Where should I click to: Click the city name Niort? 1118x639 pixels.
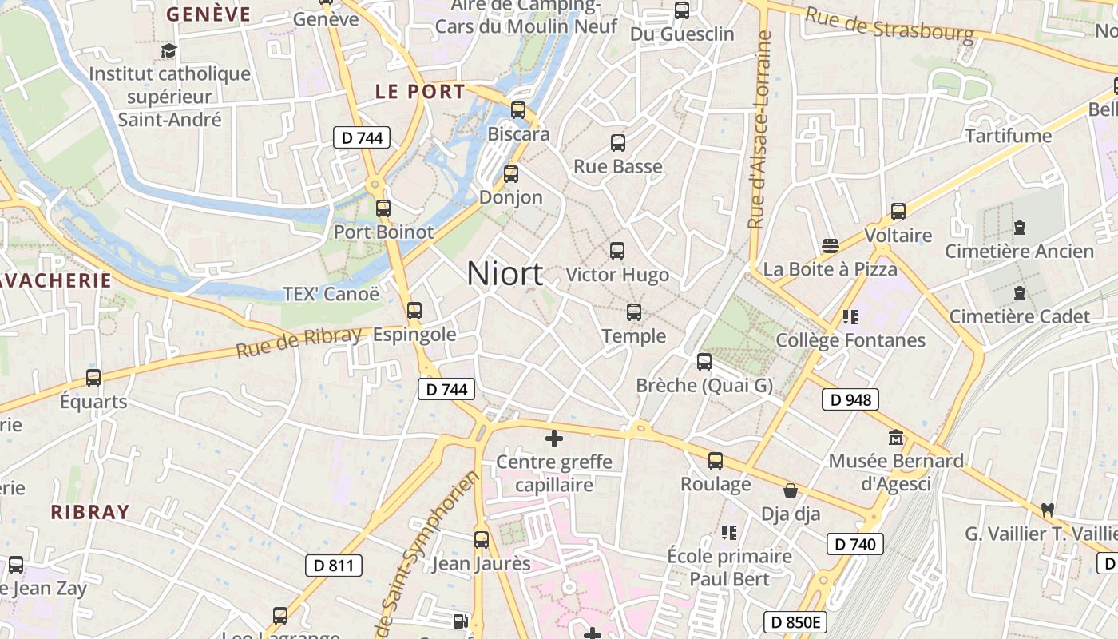(505, 274)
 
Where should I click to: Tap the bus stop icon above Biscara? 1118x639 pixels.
(518, 110)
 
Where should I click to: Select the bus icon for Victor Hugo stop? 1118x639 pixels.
(617, 251)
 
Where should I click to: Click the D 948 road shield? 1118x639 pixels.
(850, 399)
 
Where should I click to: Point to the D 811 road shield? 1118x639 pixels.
(333, 566)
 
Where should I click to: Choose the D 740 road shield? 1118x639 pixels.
(854, 544)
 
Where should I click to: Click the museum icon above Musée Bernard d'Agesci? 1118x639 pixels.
(896, 438)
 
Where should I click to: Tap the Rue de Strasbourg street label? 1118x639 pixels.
(889, 25)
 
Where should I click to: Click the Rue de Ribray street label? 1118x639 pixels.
(299, 342)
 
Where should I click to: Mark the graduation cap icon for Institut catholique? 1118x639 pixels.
(168, 51)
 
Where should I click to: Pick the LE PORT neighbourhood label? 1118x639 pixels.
(420, 91)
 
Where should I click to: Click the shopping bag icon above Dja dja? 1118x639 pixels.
(791, 490)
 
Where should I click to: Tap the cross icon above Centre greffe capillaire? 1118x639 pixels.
(553, 439)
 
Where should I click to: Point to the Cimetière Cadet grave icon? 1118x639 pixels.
(1019, 293)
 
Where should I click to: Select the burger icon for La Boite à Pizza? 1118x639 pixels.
(831, 245)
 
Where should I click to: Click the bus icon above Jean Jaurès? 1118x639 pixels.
(481, 540)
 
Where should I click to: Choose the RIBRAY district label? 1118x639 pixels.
(90, 512)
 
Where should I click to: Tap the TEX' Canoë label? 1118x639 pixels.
(331, 294)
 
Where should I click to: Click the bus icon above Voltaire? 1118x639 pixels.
(898, 212)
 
